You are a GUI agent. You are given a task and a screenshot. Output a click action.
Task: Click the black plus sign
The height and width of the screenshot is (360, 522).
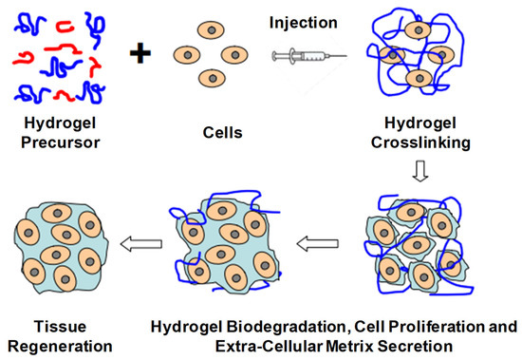click(140, 54)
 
